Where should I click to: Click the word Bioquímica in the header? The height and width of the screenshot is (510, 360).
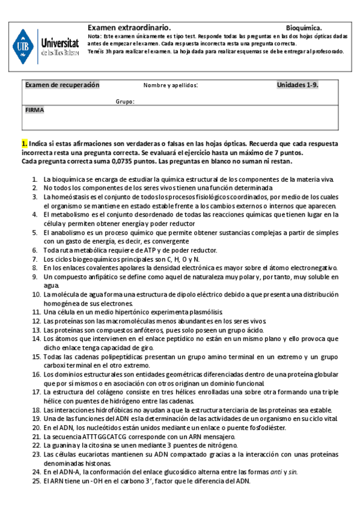(x=304, y=28)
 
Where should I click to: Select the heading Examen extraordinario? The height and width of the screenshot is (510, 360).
(x=129, y=28)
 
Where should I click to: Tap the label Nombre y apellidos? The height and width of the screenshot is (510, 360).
(x=171, y=85)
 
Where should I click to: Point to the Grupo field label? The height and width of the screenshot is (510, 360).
(x=124, y=102)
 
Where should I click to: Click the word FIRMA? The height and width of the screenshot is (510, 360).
(x=34, y=111)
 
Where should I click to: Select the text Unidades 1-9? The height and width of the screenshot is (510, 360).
(x=297, y=85)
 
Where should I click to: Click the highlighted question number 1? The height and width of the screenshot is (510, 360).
(x=24, y=144)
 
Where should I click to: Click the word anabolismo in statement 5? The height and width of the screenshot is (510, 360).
(x=68, y=231)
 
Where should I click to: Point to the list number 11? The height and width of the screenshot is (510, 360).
(x=35, y=313)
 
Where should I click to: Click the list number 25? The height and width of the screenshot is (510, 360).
(x=35, y=481)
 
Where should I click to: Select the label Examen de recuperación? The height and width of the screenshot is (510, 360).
(x=62, y=85)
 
